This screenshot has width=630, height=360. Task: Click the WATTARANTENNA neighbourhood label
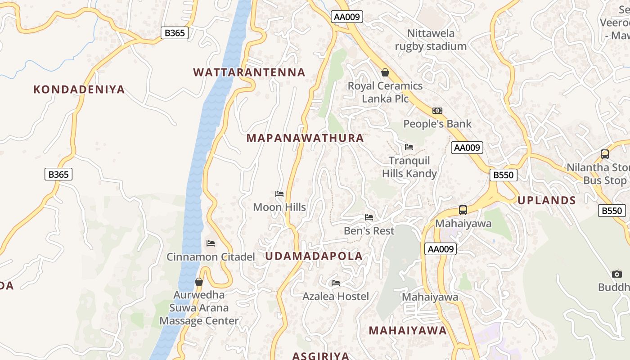(249, 72)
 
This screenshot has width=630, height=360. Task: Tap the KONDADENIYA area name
(79, 90)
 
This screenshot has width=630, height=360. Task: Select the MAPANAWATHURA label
(305, 138)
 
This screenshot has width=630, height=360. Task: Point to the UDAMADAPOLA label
(314, 256)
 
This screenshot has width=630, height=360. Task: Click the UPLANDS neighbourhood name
(547, 201)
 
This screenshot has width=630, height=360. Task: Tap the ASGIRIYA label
(320, 356)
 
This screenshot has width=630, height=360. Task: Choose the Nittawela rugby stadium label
(431, 40)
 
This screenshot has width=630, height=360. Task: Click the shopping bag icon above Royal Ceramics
(385, 72)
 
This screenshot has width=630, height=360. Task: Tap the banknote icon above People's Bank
(437, 111)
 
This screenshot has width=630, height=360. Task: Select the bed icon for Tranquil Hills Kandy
(409, 147)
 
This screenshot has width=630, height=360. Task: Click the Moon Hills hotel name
(279, 207)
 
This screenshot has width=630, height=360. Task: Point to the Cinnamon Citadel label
(211, 257)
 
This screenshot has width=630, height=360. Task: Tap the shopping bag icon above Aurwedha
(199, 282)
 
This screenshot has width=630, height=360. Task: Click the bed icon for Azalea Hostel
(336, 283)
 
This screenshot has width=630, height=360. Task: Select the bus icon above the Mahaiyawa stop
(463, 210)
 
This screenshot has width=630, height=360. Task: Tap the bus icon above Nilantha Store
(605, 154)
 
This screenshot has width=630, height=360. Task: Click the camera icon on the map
(616, 274)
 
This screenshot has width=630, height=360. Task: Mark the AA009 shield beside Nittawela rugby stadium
(346, 17)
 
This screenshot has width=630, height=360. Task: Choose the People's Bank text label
(437, 124)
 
